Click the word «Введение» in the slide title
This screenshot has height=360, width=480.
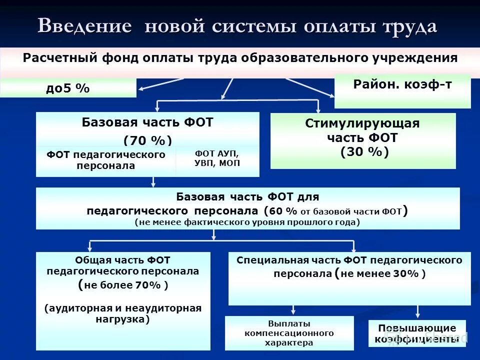click(x=84, y=26)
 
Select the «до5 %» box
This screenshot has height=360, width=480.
click(x=68, y=88)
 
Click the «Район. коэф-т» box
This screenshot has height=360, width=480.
click(x=402, y=91)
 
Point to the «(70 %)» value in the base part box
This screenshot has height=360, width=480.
click(x=147, y=140)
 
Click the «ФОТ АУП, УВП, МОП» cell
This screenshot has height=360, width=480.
click(x=217, y=158)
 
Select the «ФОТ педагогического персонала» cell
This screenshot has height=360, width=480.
click(x=106, y=160)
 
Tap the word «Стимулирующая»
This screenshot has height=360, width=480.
click(x=362, y=123)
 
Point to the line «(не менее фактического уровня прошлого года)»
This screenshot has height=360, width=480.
click(x=247, y=222)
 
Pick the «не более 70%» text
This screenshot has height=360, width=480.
click(x=123, y=285)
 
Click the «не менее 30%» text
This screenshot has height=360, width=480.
click(x=383, y=273)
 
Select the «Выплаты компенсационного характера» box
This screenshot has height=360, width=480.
click(x=289, y=333)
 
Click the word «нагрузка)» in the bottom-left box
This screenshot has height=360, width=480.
click(x=122, y=318)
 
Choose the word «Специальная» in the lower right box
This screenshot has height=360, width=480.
click(x=266, y=260)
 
